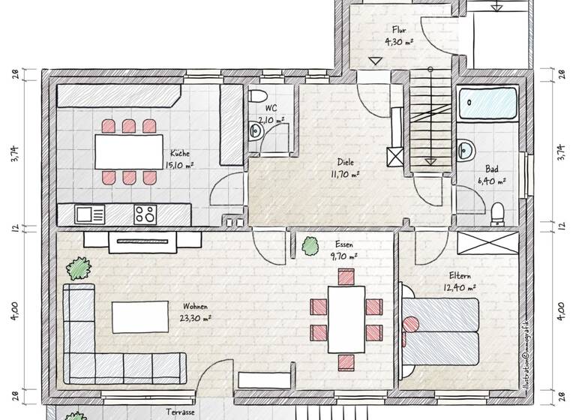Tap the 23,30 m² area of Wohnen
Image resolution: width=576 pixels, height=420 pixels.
(x=194, y=317)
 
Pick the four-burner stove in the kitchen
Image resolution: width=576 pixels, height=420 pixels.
(x=145, y=214)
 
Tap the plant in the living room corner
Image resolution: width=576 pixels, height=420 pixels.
(x=77, y=267)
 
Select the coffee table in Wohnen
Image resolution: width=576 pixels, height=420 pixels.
(x=141, y=316)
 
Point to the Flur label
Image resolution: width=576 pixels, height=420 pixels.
(x=399, y=30)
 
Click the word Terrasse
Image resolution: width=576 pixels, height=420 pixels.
(x=181, y=412)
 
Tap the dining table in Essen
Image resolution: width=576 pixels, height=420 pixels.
(x=346, y=319)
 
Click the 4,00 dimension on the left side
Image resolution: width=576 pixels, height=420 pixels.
(x=15, y=310)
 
